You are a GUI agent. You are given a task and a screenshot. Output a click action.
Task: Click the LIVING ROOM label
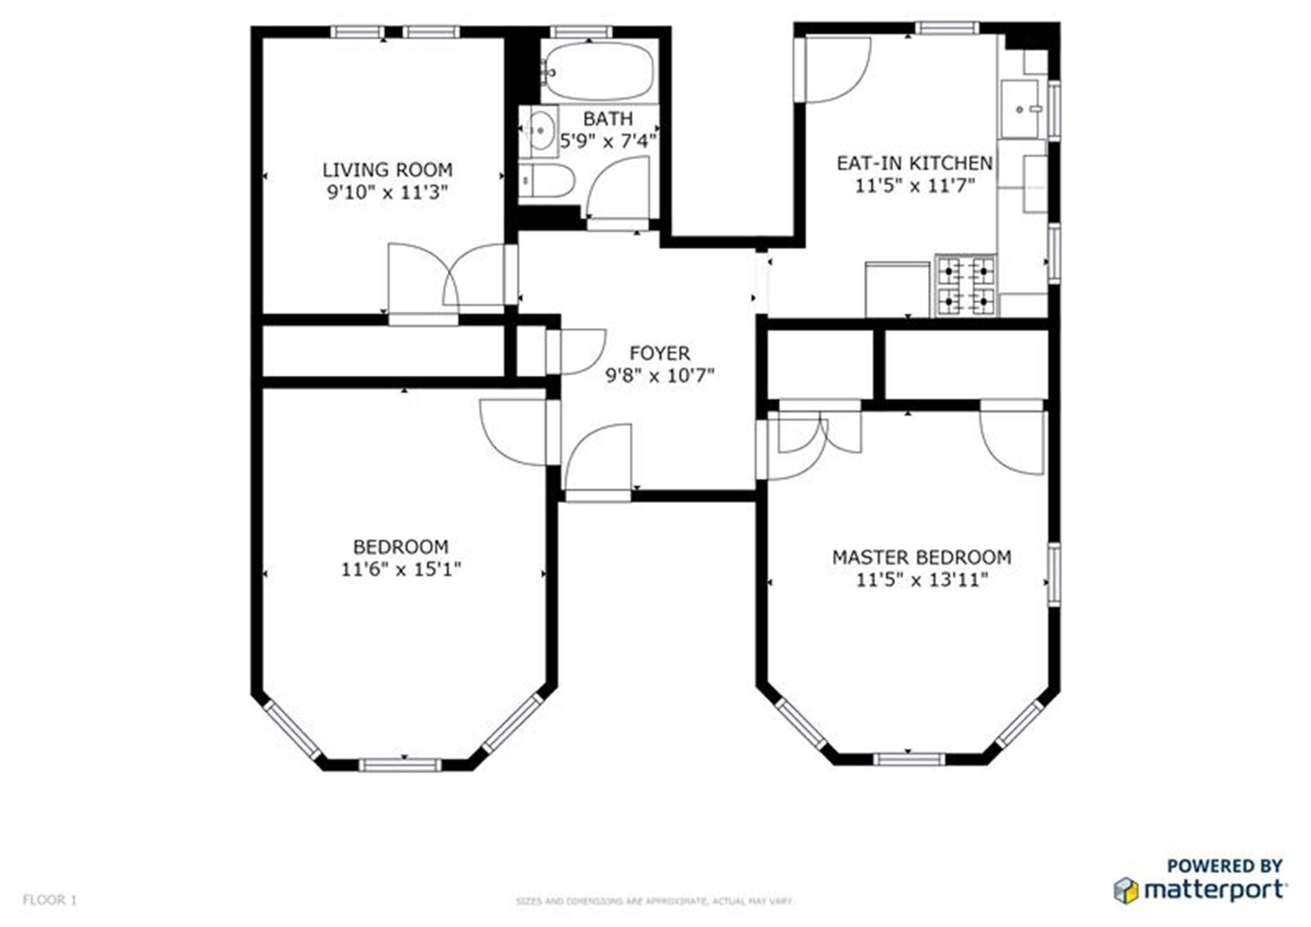(x=387, y=170)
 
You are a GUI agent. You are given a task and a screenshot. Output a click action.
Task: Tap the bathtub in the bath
(x=599, y=70)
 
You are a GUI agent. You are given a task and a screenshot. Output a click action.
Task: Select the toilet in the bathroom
(x=545, y=181)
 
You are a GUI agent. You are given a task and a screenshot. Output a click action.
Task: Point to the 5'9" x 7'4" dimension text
(x=608, y=141)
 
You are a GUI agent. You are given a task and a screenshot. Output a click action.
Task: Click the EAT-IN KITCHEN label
(x=915, y=163)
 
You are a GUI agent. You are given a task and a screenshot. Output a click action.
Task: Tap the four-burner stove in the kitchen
(x=965, y=285)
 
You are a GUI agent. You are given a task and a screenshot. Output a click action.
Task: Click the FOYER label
(x=659, y=353)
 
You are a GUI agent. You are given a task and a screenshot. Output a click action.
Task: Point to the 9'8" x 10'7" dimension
(x=659, y=376)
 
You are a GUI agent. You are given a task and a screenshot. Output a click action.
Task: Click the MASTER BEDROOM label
(x=921, y=557)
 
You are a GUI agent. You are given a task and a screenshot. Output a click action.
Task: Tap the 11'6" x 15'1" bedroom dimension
(x=401, y=569)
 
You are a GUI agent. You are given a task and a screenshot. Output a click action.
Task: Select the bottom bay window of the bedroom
(x=400, y=765)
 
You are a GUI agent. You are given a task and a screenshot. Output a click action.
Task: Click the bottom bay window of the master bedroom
(x=908, y=759)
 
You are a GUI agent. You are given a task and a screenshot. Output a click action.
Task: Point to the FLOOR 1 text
(x=50, y=900)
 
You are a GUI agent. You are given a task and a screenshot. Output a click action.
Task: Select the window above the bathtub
(x=581, y=31)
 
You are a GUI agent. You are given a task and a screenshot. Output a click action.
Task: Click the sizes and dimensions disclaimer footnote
(x=655, y=901)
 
